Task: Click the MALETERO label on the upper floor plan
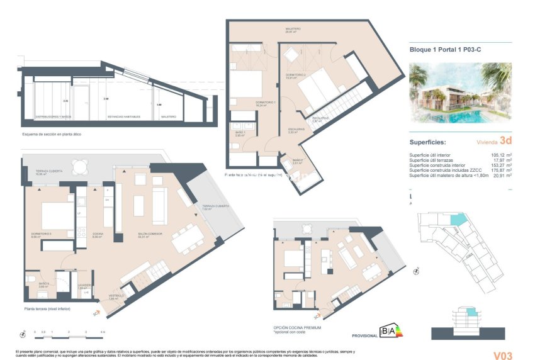[292, 30]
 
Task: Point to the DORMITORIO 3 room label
[40, 234]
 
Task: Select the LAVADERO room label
[86, 285]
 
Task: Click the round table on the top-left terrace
[79, 167]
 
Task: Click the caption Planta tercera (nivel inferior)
[47, 309]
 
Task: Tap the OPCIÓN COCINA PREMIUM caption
[297, 328]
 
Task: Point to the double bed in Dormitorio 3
[57, 215]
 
